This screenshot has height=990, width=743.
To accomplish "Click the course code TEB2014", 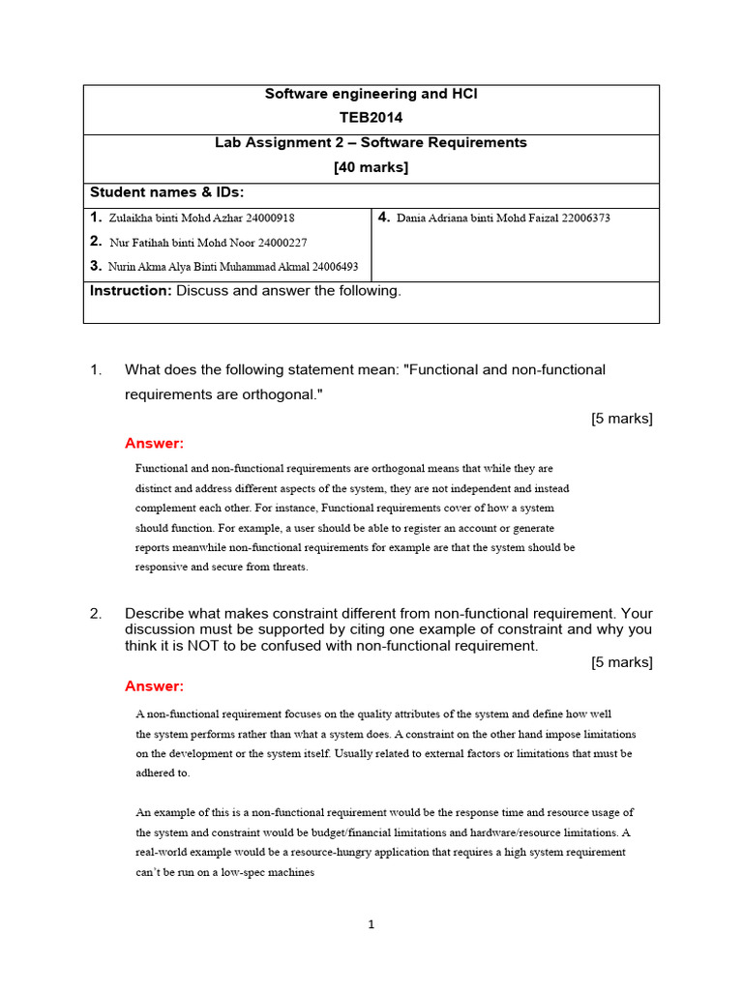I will (371, 118).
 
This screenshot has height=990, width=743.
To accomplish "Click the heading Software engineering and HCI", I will (371, 94).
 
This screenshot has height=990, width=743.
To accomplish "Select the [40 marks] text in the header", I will (371, 167).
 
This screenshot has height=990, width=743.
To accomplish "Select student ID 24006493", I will (329, 267).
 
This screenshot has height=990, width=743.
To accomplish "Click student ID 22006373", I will (580, 218).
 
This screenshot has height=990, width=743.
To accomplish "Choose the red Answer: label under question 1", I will (154, 444).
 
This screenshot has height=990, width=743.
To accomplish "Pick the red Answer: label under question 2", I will (154, 686).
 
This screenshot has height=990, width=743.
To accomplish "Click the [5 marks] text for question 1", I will (621, 419).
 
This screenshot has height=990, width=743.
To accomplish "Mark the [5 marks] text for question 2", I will (621, 662).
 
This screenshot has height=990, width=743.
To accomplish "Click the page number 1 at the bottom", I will (371, 924).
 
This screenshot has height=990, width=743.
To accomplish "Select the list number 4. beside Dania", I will (384, 218).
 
